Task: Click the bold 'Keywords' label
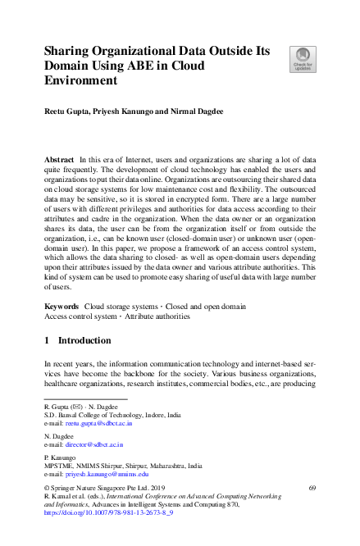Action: point(62,304)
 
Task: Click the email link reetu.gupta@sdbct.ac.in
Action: point(101,424)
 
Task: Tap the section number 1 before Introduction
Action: point(47,340)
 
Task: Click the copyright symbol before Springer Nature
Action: point(46,489)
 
